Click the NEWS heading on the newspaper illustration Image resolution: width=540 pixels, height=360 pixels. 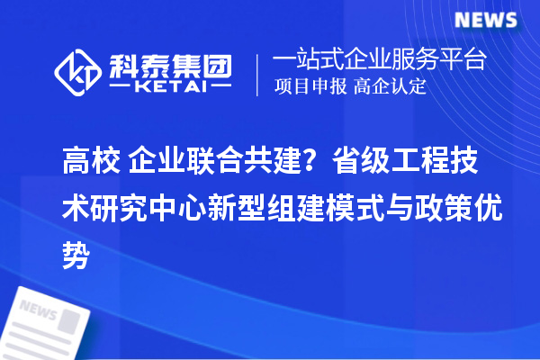coord(38,309)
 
